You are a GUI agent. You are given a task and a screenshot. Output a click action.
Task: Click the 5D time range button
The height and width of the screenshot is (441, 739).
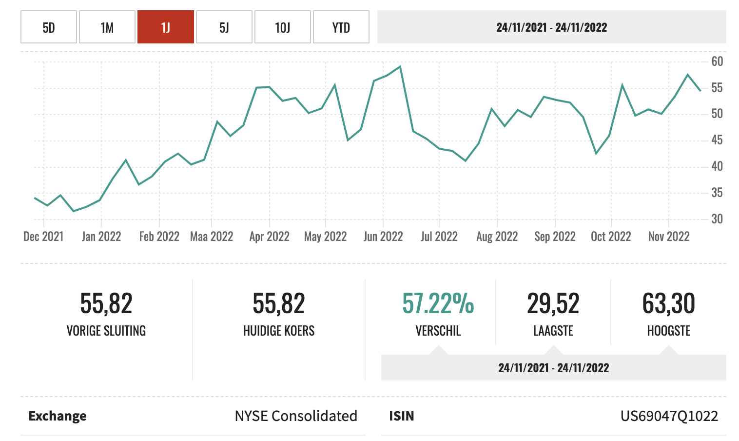coord(49,27)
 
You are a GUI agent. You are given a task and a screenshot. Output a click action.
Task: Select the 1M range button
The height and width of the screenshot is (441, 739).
coord(107,27)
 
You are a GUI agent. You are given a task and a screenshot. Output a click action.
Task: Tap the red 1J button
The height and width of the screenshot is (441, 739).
coord(166,27)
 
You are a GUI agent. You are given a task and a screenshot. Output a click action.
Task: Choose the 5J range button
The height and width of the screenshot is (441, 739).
coord(224,27)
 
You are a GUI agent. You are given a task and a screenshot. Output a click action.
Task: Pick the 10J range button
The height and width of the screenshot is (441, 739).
coord(283,27)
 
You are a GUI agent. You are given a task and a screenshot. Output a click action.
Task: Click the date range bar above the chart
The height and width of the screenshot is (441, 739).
coord(551,27)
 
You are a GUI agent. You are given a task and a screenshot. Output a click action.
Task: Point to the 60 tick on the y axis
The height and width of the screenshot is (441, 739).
coord(717,61)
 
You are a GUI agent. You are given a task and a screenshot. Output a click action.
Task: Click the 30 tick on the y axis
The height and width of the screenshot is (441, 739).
coord(717,219)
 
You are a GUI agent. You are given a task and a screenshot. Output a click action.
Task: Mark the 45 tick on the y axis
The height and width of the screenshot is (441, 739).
coord(717,140)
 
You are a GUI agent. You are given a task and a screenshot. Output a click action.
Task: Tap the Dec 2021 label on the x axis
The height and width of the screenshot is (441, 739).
coord(43,237)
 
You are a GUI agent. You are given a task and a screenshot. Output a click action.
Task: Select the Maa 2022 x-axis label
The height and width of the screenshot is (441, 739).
coord(212,237)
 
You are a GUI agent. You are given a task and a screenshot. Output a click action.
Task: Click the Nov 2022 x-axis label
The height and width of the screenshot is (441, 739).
coord(669,237)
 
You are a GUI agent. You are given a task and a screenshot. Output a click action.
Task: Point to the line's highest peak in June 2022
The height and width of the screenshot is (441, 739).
coord(400,66)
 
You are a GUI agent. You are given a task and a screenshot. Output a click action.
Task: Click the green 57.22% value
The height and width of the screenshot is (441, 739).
coord(438,303)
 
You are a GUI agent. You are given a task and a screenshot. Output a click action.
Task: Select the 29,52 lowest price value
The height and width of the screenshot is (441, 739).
coord(553,303)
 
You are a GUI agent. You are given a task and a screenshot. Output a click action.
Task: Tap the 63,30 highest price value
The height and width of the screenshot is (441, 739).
coord(668,303)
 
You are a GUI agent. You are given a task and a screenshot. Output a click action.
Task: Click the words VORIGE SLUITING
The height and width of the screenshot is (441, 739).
coord(106,331)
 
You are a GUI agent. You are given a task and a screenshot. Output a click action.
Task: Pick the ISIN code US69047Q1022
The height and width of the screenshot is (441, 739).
coord(669,416)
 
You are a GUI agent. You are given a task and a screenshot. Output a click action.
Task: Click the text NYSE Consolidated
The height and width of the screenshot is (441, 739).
coord(296,416)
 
